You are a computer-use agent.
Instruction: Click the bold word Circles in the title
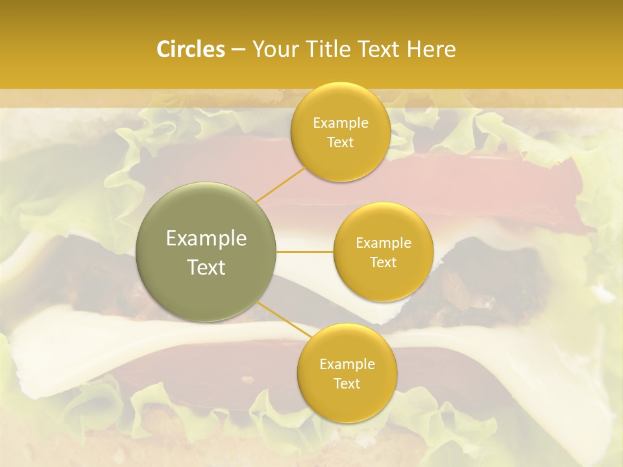[x=190, y=49]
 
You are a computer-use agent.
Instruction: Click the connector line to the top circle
[x=280, y=184]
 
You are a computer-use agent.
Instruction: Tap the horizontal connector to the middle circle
[x=305, y=252]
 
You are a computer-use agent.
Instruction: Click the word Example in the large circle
[x=206, y=239]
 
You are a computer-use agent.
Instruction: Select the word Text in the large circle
[x=206, y=267]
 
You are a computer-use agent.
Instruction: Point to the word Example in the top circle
[x=341, y=123]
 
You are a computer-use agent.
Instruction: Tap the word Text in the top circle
[x=341, y=143]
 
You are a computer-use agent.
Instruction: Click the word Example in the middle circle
[x=384, y=243]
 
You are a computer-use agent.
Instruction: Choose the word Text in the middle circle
[x=384, y=263]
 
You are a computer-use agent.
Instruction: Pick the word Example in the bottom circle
[x=347, y=365]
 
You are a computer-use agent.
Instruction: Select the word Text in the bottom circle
[x=347, y=384]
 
